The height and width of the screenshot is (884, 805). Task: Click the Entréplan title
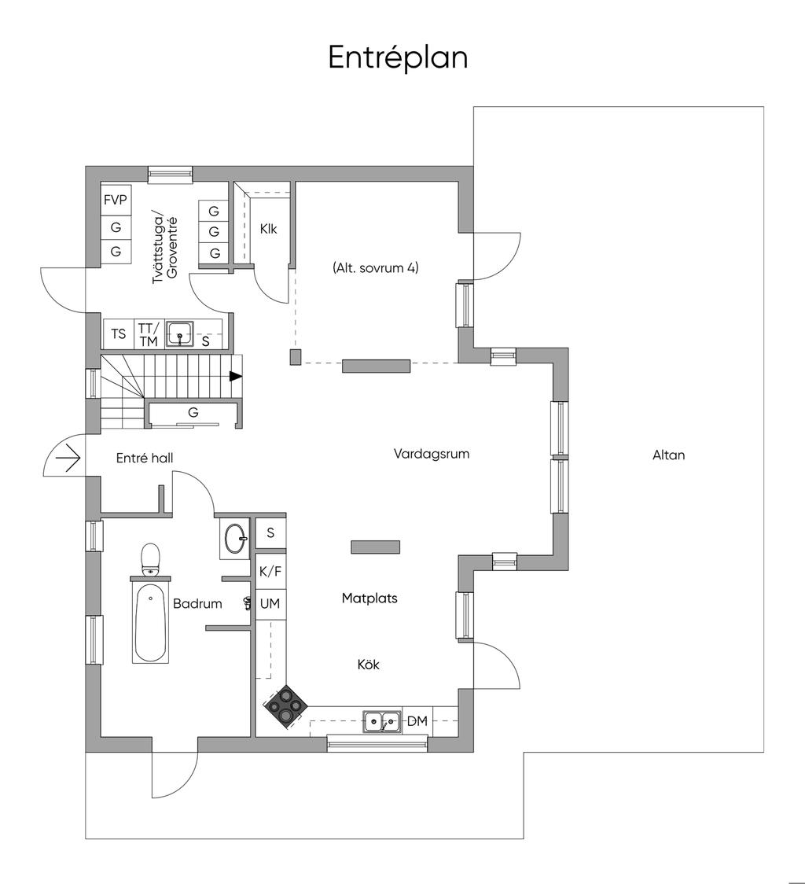[x=398, y=57]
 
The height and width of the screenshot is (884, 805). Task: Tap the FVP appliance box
[x=116, y=200]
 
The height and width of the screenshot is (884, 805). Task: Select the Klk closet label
[x=268, y=229]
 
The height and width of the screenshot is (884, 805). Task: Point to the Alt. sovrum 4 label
[x=376, y=267]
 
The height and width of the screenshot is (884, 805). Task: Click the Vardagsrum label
[x=432, y=454]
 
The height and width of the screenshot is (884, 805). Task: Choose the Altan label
[x=668, y=455]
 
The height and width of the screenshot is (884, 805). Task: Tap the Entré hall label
[x=145, y=459]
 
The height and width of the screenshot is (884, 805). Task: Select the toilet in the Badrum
[x=150, y=561]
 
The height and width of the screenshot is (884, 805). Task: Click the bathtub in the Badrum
[x=150, y=622]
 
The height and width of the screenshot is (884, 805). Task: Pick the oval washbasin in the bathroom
[x=234, y=538]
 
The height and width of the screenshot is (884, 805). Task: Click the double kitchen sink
[x=381, y=722]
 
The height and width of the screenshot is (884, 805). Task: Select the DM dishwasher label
[x=417, y=720]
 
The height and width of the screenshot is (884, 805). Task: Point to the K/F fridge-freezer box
[x=270, y=572]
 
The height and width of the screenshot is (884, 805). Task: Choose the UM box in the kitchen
[x=270, y=604]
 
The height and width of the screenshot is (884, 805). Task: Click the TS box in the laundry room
[x=119, y=333]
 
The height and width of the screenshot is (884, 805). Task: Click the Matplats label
[x=369, y=598]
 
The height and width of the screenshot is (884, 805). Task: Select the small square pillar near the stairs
[x=296, y=356]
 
